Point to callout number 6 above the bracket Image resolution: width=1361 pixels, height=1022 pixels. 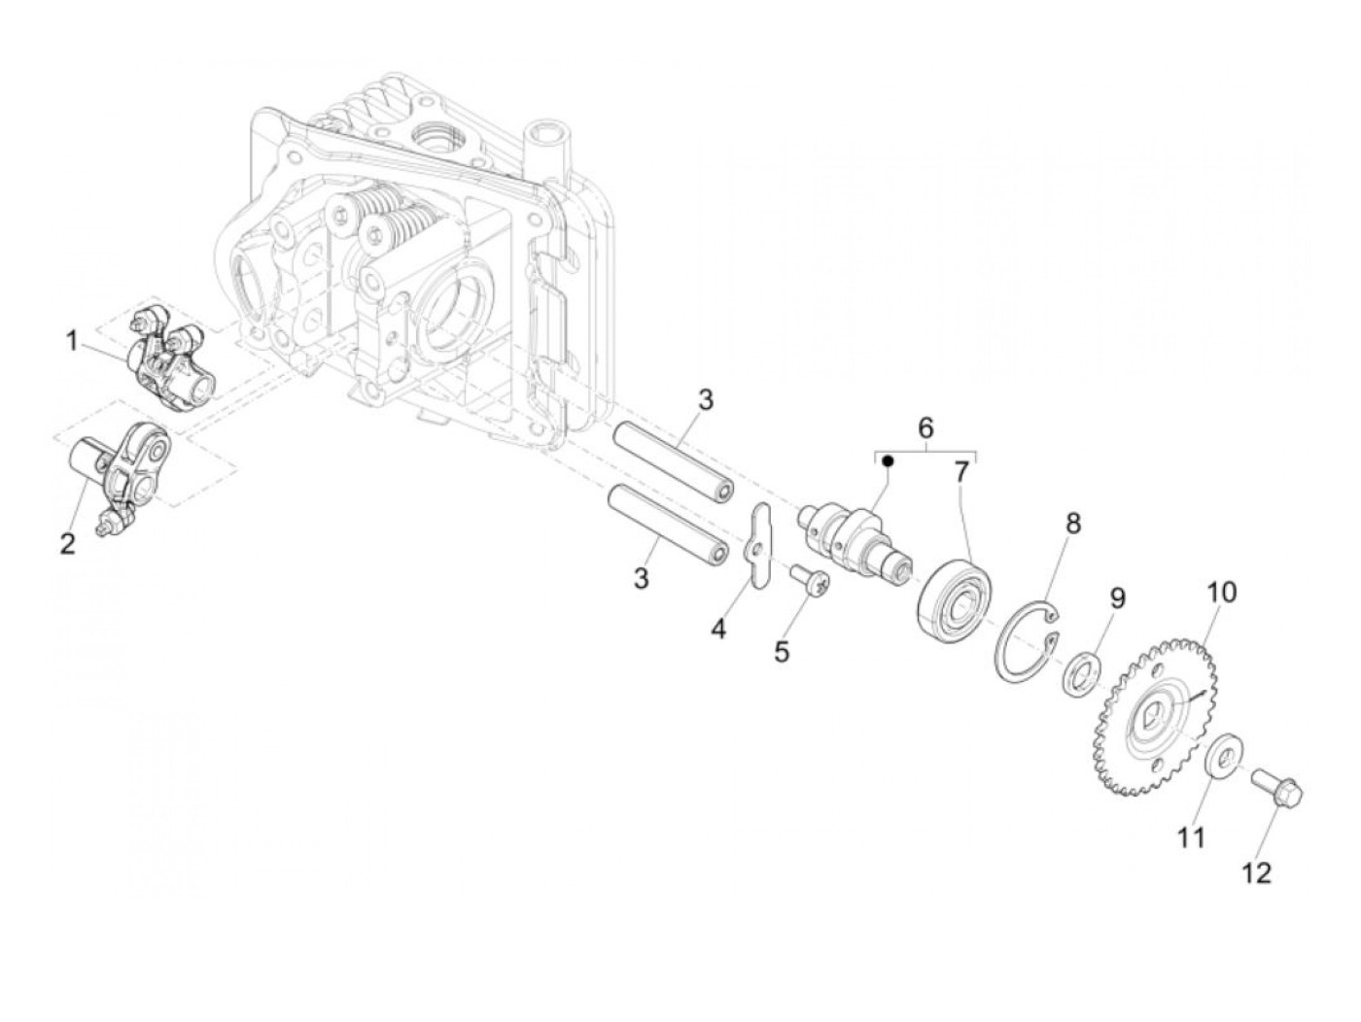click(925, 427)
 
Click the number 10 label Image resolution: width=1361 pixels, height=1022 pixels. click(1222, 592)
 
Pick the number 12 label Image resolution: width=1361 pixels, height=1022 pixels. click(1257, 873)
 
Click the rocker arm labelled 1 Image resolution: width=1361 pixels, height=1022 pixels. click(165, 361)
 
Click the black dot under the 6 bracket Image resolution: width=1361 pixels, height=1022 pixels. click(888, 462)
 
